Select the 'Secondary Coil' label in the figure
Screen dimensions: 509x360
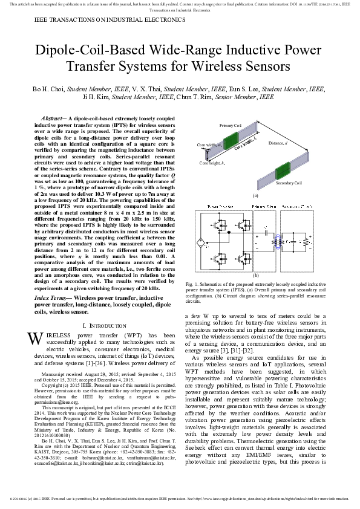click(x=289, y=183)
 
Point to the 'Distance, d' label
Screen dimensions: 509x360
click(x=310, y=143)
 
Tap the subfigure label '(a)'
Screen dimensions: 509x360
click(x=255, y=195)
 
